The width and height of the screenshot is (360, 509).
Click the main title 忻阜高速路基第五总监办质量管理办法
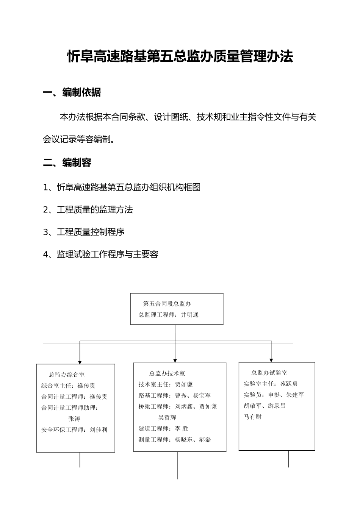[180, 57]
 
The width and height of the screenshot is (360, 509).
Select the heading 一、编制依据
[72, 92]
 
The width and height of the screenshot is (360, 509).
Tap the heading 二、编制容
[67, 163]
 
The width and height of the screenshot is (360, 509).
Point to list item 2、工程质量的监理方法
[88, 210]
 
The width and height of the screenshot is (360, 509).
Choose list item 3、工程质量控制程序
[84, 232]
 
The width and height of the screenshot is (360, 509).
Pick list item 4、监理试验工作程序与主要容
[100, 254]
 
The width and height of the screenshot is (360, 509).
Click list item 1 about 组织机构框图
[122, 187]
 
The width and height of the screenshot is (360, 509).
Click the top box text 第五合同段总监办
[167, 304]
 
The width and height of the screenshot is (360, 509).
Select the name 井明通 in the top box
[190, 315]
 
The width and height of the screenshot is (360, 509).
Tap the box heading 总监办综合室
[67, 375]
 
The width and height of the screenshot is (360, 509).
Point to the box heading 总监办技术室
[167, 373]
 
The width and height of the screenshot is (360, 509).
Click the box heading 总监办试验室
[269, 373]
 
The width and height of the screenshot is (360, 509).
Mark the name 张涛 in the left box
[74, 419]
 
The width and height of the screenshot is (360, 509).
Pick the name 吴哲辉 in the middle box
[167, 417]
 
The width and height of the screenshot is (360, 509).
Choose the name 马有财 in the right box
[253, 417]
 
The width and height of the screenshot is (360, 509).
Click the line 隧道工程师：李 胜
[163, 428]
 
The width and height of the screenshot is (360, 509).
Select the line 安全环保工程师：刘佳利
[74, 430]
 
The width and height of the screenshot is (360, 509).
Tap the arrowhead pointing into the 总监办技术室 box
[175, 360]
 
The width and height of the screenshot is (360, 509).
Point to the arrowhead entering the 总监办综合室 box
[80, 362]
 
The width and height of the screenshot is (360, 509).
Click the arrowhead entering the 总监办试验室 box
[271, 360]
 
